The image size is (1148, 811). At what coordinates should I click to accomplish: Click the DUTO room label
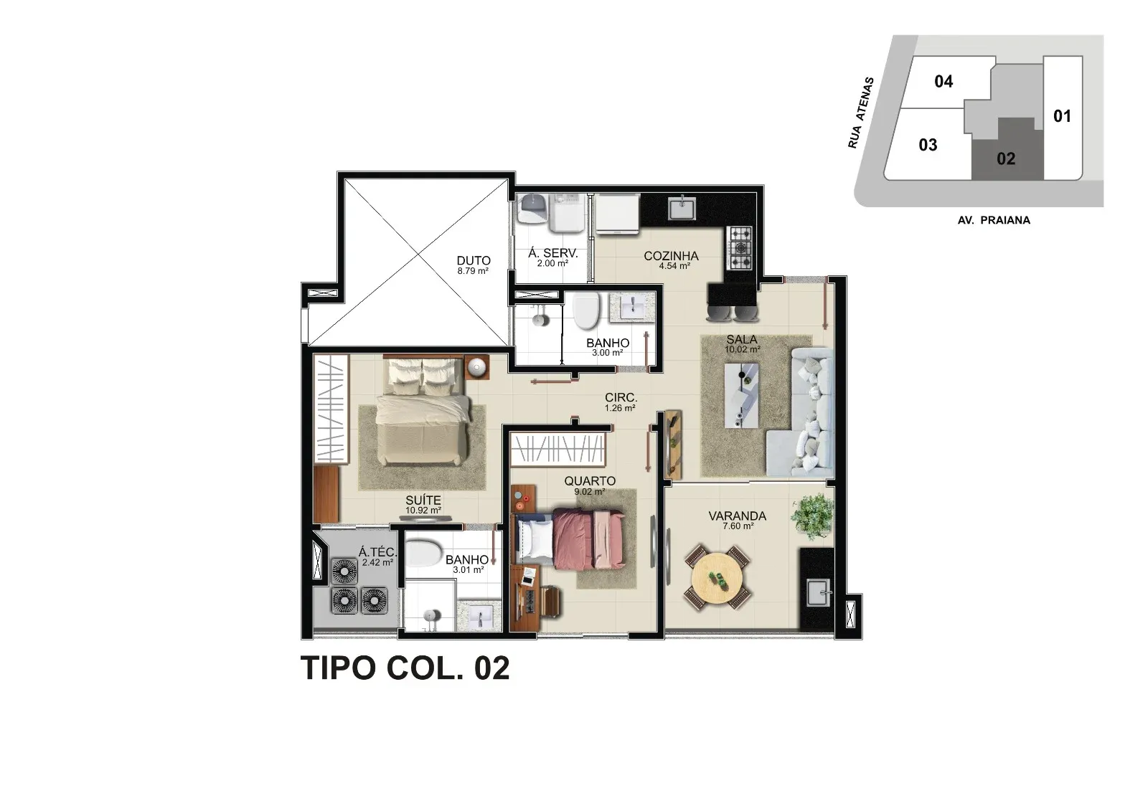click(x=474, y=261)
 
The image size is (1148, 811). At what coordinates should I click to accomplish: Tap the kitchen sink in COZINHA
click(x=682, y=207)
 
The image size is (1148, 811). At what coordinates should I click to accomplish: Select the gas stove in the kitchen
click(x=739, y=249)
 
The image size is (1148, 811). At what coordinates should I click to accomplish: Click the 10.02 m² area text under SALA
click(x=742, y=349)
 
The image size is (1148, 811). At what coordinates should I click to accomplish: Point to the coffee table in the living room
click(x=742, y=395)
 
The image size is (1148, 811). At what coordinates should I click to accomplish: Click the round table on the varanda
click(x=717, y=579)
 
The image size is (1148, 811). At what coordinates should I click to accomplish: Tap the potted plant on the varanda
click(x=812, y=516)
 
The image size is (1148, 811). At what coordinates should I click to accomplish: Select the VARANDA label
click(x=738, y=516)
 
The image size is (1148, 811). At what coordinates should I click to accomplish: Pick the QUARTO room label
click(x=590, y=481)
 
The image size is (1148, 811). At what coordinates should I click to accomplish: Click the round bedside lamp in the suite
click(x=477, y=367)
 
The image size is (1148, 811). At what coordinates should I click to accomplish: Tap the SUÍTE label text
click(x=423, y=501)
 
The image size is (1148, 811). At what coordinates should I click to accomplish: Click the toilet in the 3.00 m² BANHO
click(x=585, y=310)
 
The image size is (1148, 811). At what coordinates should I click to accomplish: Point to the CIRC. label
click(x=621, y=397)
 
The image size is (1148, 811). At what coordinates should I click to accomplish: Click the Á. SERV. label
click(x=553, y=253)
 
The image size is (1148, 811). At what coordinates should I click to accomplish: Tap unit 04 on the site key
click(x=944, y=82)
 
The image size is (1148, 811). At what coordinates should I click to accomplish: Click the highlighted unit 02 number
click(x=1005, y=158)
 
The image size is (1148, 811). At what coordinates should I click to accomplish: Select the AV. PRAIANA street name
click(x=994, y=220)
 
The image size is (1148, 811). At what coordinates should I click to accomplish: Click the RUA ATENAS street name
click(x=860, y=113)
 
